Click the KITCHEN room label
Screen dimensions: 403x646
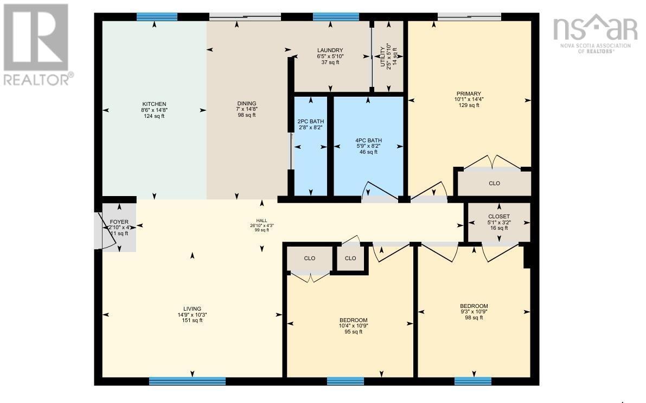[154, 104]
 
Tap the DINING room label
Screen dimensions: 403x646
[246, 104]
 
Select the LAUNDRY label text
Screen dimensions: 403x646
[330, 51]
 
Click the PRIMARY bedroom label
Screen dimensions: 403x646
[468, 93]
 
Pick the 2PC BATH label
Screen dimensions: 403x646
[310, 121]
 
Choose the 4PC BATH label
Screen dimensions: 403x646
[368, 140]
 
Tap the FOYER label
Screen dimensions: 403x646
[119, 222]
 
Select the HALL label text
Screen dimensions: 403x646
[261, 221]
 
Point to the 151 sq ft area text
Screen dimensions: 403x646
[193, 320]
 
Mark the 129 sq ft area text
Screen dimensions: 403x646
[468, 105]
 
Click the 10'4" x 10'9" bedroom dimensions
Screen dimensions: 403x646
[353, 326]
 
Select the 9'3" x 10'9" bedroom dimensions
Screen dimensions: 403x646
[474, 312]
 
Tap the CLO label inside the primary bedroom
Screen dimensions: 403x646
[494, 184]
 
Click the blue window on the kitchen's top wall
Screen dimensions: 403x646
[157, 17]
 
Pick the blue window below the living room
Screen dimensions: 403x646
[187, 381]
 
